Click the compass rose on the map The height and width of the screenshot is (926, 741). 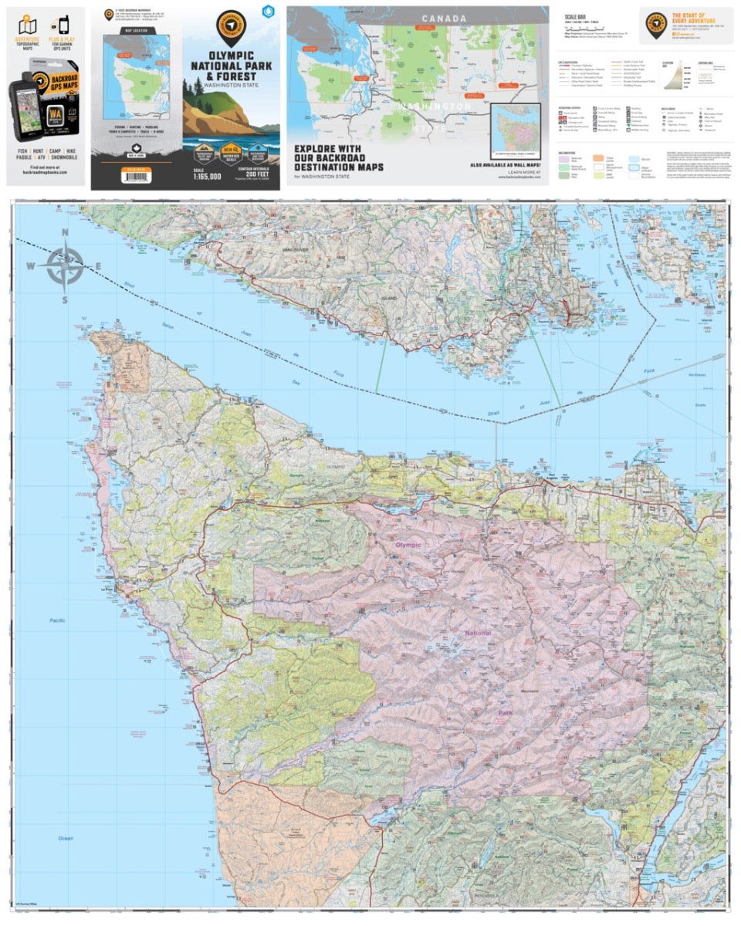click(x=65, y=266)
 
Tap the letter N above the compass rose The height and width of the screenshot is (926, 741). click(x=65, y=234)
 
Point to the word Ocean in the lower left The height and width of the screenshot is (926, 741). click(x=65, y=838)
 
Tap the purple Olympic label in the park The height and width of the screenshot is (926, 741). click(x=408, y=545)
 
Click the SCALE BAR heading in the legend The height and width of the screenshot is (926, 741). click(x=576, y=16)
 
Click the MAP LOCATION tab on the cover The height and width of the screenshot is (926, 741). click(x=136, y=31)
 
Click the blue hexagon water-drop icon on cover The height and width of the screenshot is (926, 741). click(x=268, y=12)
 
